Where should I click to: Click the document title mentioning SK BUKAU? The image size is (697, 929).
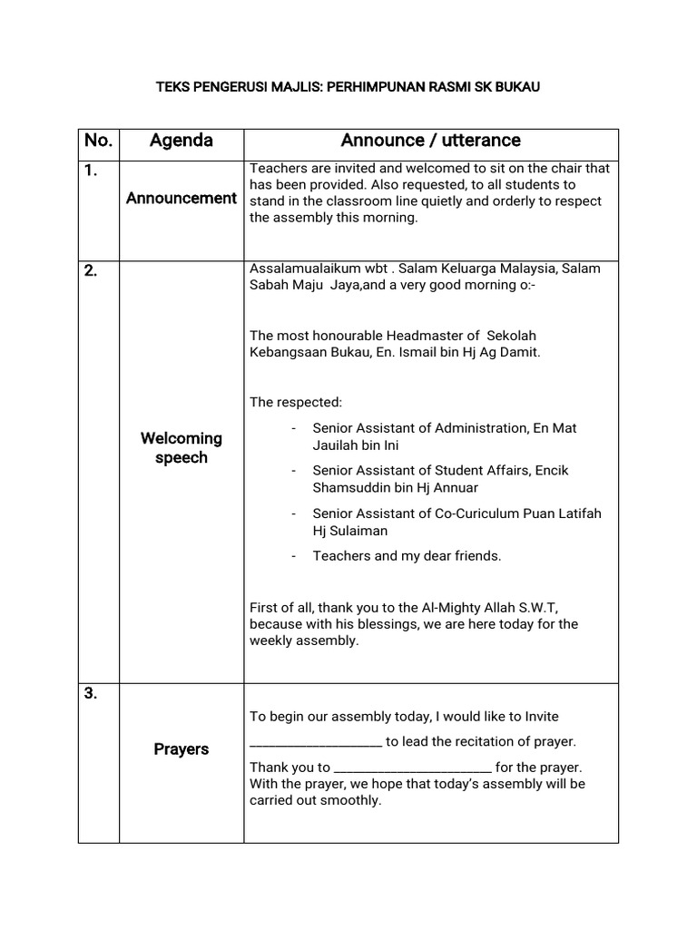(x=348, y=87)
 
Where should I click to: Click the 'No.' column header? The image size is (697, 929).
(x=98, y=141)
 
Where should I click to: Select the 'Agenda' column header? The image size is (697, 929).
(x=181, y=141)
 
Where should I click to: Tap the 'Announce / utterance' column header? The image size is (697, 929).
(x=430, y=141)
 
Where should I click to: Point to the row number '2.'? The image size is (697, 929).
(x=91, y=270)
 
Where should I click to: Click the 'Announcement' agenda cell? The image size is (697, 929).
(x=181, y=199)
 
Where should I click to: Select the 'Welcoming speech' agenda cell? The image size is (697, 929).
(x=181, y=448)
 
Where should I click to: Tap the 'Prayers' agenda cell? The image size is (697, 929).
(x=181, y=749)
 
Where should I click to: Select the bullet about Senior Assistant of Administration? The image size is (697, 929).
(x=444, y=436)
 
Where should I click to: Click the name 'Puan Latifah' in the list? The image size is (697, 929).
(x=562, y=513)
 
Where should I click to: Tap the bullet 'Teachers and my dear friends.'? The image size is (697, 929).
(x=407, y=556)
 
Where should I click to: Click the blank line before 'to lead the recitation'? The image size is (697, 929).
(x=315, y=742)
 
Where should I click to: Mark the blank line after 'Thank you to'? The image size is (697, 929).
(x=413, y=768)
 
